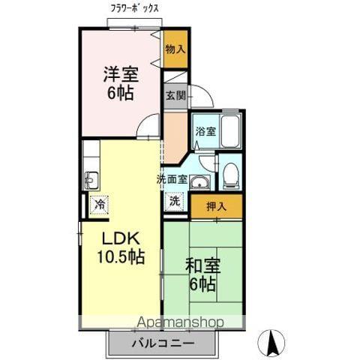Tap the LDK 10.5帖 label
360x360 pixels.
point(119,247)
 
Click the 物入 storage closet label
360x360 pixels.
point(175,49)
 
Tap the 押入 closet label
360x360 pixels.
point(216,205)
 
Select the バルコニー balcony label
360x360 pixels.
point(164,344)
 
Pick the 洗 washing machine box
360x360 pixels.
point(173,201)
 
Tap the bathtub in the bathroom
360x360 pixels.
point(229,132)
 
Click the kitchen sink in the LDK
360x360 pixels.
point(91,179)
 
